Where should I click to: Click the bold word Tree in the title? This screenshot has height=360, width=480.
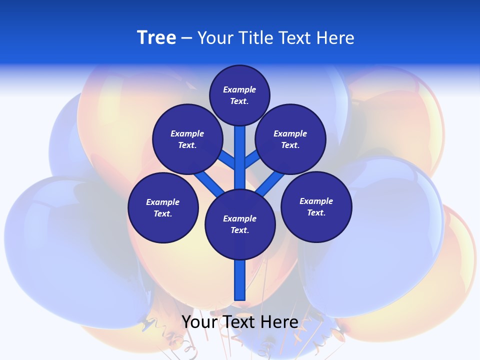pos(156,38)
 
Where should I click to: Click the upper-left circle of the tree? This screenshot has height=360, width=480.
pos(187,139)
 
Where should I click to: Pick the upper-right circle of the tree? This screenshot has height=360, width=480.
pos(290,139)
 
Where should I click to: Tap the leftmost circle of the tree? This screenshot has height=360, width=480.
pos(163,208)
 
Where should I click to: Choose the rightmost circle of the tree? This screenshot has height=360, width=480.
pos(316,207)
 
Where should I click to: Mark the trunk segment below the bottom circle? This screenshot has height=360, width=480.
pos(240,280)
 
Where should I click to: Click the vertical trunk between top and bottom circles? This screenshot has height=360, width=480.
pos(240,160)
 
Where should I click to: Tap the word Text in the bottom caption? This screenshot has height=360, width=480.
pos(240,322)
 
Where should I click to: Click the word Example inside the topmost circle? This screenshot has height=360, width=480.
pos(239,90)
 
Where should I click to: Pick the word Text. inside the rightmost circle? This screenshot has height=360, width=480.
pos(316,213)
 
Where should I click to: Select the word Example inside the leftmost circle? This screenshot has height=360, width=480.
pos(163,202)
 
